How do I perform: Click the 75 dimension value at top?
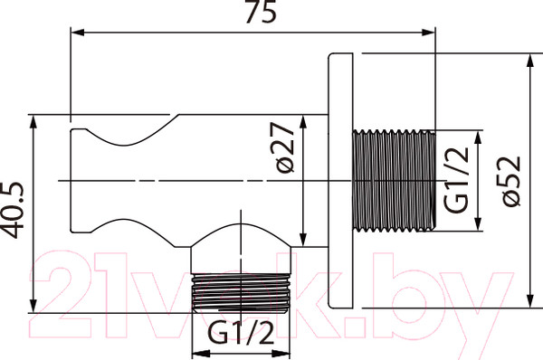coord(262,12)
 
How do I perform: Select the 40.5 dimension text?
coord(13,211)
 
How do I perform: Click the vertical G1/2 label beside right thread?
coord(456,180)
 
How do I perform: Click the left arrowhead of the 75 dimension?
coord(78,33)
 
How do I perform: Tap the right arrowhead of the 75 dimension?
coord(428,33)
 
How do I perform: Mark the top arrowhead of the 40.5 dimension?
coord(33,122)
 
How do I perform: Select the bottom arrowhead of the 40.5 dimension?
coord(33,306)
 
